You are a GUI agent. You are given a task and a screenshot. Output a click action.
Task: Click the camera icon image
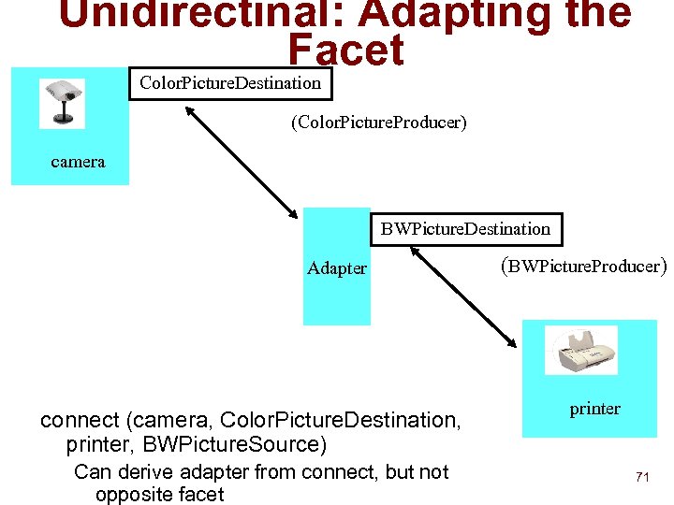point(62,103)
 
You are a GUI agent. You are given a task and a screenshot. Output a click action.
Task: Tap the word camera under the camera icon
point(78,162)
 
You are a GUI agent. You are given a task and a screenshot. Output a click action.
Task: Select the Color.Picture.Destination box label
point(230,83)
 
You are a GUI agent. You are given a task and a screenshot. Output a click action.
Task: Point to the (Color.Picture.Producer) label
point(378,123)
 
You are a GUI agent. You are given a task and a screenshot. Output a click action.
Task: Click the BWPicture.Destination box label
point(465,228)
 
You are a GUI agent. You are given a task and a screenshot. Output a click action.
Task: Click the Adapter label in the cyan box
point(337,268)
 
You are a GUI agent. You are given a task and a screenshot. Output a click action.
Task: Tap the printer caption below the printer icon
point(594,409)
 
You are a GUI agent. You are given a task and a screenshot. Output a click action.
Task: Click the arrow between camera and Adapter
point(241,161)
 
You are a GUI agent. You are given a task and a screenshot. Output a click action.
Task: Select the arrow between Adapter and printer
point(473,298)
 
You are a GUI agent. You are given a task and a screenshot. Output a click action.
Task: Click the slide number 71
point(642,477)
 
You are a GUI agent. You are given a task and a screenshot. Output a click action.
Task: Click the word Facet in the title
point(346,50)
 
